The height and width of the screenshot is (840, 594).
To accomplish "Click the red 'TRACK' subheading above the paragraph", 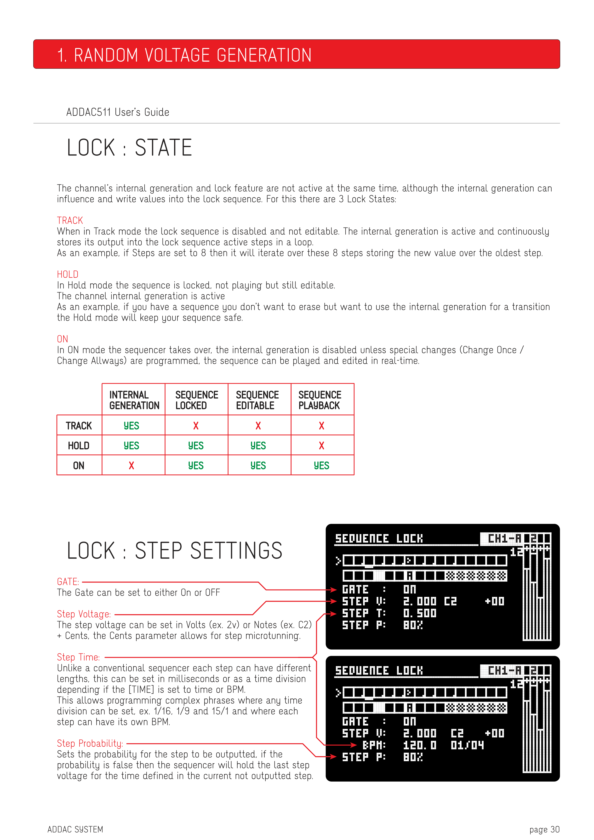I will [x=70, y=220].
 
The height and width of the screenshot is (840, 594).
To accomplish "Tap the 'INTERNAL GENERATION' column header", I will [x=134, y=400].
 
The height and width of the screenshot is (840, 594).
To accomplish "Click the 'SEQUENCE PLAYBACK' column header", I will [x=320, y=400].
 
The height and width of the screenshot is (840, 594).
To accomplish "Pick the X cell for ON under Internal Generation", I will [x=131, y=465].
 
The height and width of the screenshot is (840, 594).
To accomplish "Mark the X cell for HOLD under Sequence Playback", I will [x=321, y=446].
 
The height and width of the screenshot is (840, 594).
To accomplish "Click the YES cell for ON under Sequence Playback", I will [x=321, y=465].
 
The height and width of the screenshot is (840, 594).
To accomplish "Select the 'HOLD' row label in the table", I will [x=79, y=446].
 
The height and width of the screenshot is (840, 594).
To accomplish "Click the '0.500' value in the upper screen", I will [x=420, y=613].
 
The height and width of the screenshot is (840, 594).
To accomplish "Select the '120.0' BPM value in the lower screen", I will [x=420, y=745].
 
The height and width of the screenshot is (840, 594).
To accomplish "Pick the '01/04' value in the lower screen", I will [x=467, y=745].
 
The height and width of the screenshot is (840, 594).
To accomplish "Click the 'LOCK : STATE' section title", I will [x=130, y=148].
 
